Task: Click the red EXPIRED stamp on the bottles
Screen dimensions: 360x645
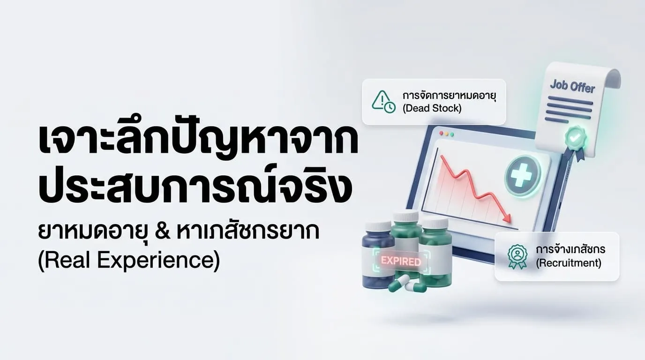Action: [x=401, y=261]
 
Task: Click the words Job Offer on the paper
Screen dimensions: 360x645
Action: [x=572, y=87]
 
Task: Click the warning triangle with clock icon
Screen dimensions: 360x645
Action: [x=383, y=102]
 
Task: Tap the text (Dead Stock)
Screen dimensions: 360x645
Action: [x=432, y=108]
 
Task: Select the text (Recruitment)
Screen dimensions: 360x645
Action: [x=569, y=263]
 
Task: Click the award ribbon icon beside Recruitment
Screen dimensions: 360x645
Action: [x=517, y=256]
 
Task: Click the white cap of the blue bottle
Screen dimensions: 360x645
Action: [x=377, y=226]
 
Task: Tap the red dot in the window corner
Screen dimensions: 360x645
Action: [x=440, y=134]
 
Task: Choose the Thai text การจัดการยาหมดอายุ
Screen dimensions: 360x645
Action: [x=449, y=96]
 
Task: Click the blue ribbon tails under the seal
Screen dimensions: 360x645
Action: [x=579, y=153]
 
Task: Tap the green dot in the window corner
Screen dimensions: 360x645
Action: [x=452, y=134]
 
